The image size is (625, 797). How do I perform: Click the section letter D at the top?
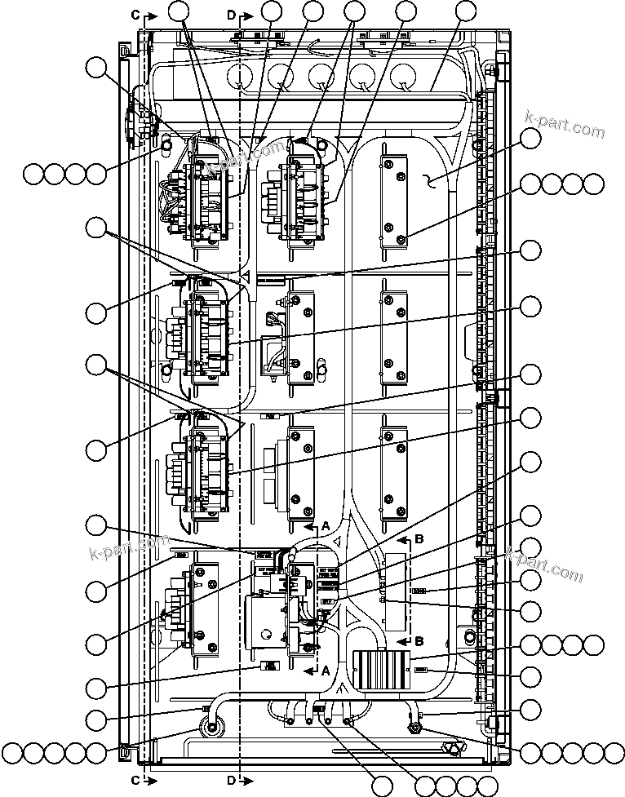pos(231,15)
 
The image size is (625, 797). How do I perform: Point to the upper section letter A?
pos(325,527)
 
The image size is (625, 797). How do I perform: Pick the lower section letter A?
pos(325,670)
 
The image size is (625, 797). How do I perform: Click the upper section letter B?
pos(419,539)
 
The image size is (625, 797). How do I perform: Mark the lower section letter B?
pos(419,640)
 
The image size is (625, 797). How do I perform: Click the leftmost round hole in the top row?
pos(241,78)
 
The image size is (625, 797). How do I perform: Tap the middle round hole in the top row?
pos(321,78)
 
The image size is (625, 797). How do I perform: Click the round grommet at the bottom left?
pos(212,728)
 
